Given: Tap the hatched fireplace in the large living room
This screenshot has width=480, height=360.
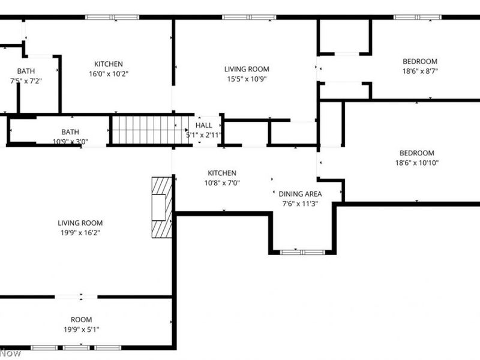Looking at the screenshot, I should coord(161,207).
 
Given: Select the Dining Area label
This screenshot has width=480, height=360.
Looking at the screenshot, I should coord(300,194).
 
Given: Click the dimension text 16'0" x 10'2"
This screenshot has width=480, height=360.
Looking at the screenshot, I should coord(109,74).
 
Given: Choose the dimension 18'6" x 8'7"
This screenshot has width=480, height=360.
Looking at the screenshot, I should coord(419,71).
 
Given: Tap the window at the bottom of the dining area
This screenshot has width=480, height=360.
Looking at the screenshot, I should coord(302,252).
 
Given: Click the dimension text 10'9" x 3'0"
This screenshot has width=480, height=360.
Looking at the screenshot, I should coord(70,142).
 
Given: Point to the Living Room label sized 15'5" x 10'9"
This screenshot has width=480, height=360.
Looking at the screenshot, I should coord(247,69).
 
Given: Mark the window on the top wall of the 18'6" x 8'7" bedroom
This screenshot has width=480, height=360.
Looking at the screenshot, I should coord(417,17).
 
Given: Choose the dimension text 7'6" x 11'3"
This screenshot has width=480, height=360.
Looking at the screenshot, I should coord(300,203).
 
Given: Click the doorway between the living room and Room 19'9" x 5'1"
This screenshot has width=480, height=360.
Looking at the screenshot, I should coord(76,296).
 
